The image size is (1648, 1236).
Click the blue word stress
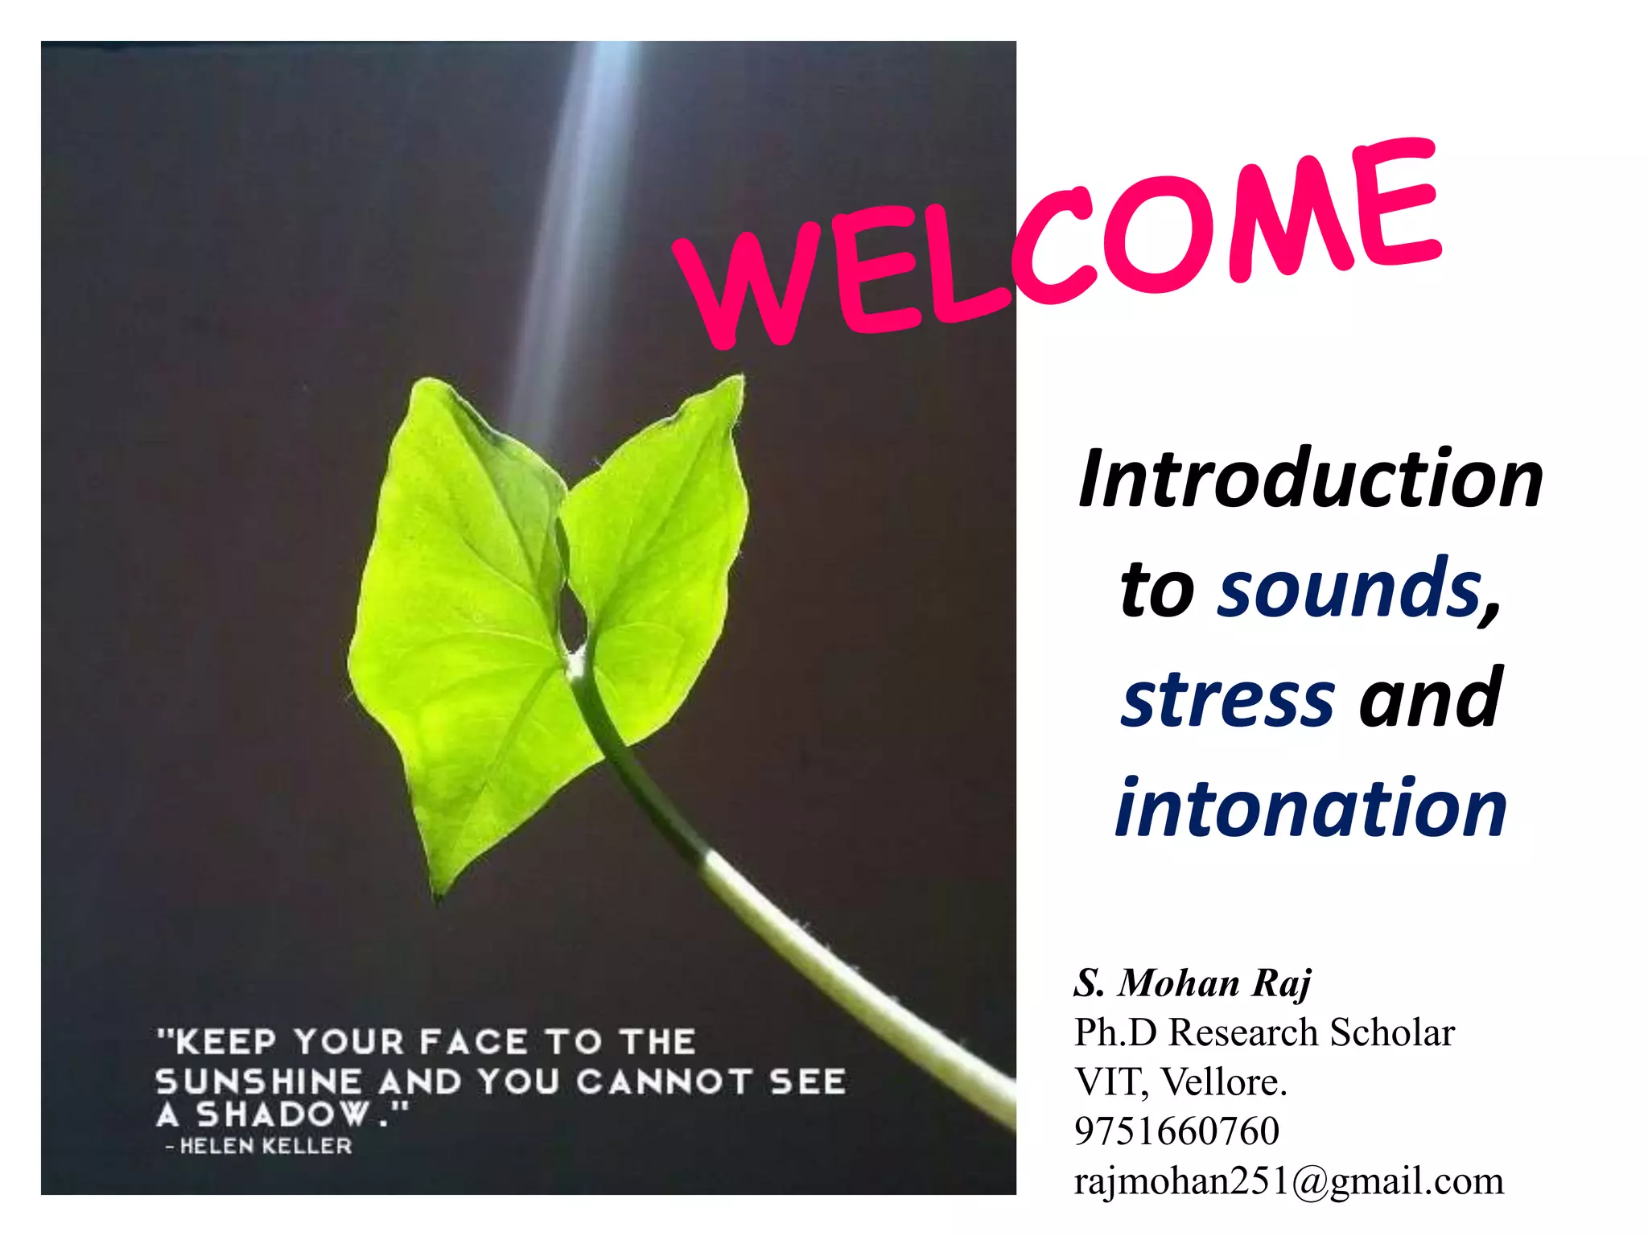tap(1229, 698)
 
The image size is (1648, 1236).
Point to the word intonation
tap(1310, 808)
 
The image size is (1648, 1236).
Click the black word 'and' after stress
tap(1431, 698)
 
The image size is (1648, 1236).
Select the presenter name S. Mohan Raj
tap(1192, 983)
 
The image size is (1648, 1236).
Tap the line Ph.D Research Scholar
tap(1263, 1032)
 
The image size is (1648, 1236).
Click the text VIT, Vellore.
tap(1180, 1081)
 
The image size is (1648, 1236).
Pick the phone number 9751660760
tap(1176, 1131)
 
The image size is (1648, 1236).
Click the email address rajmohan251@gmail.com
tap(1287, 1180)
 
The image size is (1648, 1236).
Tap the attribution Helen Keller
tap(266, 1146)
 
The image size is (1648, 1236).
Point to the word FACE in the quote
tap(473, 1042)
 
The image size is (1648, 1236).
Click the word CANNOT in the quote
tap(665, 1081)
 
